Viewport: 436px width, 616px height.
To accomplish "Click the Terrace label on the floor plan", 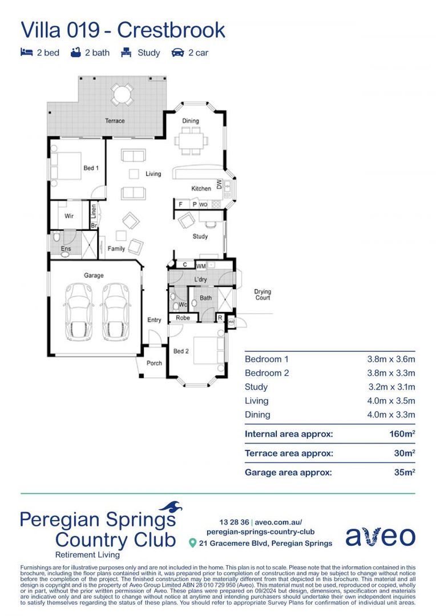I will pos(115,121).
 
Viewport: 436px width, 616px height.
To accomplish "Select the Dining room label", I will pos(191,121).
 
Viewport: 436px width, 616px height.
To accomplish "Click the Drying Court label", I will pos(263,295).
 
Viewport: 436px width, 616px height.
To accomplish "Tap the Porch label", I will pos(154,363).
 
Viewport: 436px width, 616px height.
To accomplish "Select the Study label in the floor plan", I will pos(200,236).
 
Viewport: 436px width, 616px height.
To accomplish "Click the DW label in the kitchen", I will pos(219,184).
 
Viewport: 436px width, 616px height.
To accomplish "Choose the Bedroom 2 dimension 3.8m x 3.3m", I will pos(391,373).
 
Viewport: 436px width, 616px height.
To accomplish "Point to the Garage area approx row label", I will pos(288,472).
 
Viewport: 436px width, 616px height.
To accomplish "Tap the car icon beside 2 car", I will pos(177,52).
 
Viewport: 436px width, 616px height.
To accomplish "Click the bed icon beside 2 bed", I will pos(26,52).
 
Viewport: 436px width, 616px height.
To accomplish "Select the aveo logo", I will pos(380,536).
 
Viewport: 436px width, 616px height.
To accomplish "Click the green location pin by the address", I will pos(193,544).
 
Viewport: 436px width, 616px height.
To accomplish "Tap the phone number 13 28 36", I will pos(234,522).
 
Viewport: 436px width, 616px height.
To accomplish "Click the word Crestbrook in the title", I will pos(171,30).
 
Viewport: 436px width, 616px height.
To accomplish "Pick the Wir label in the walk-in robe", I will pos(69,216).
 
